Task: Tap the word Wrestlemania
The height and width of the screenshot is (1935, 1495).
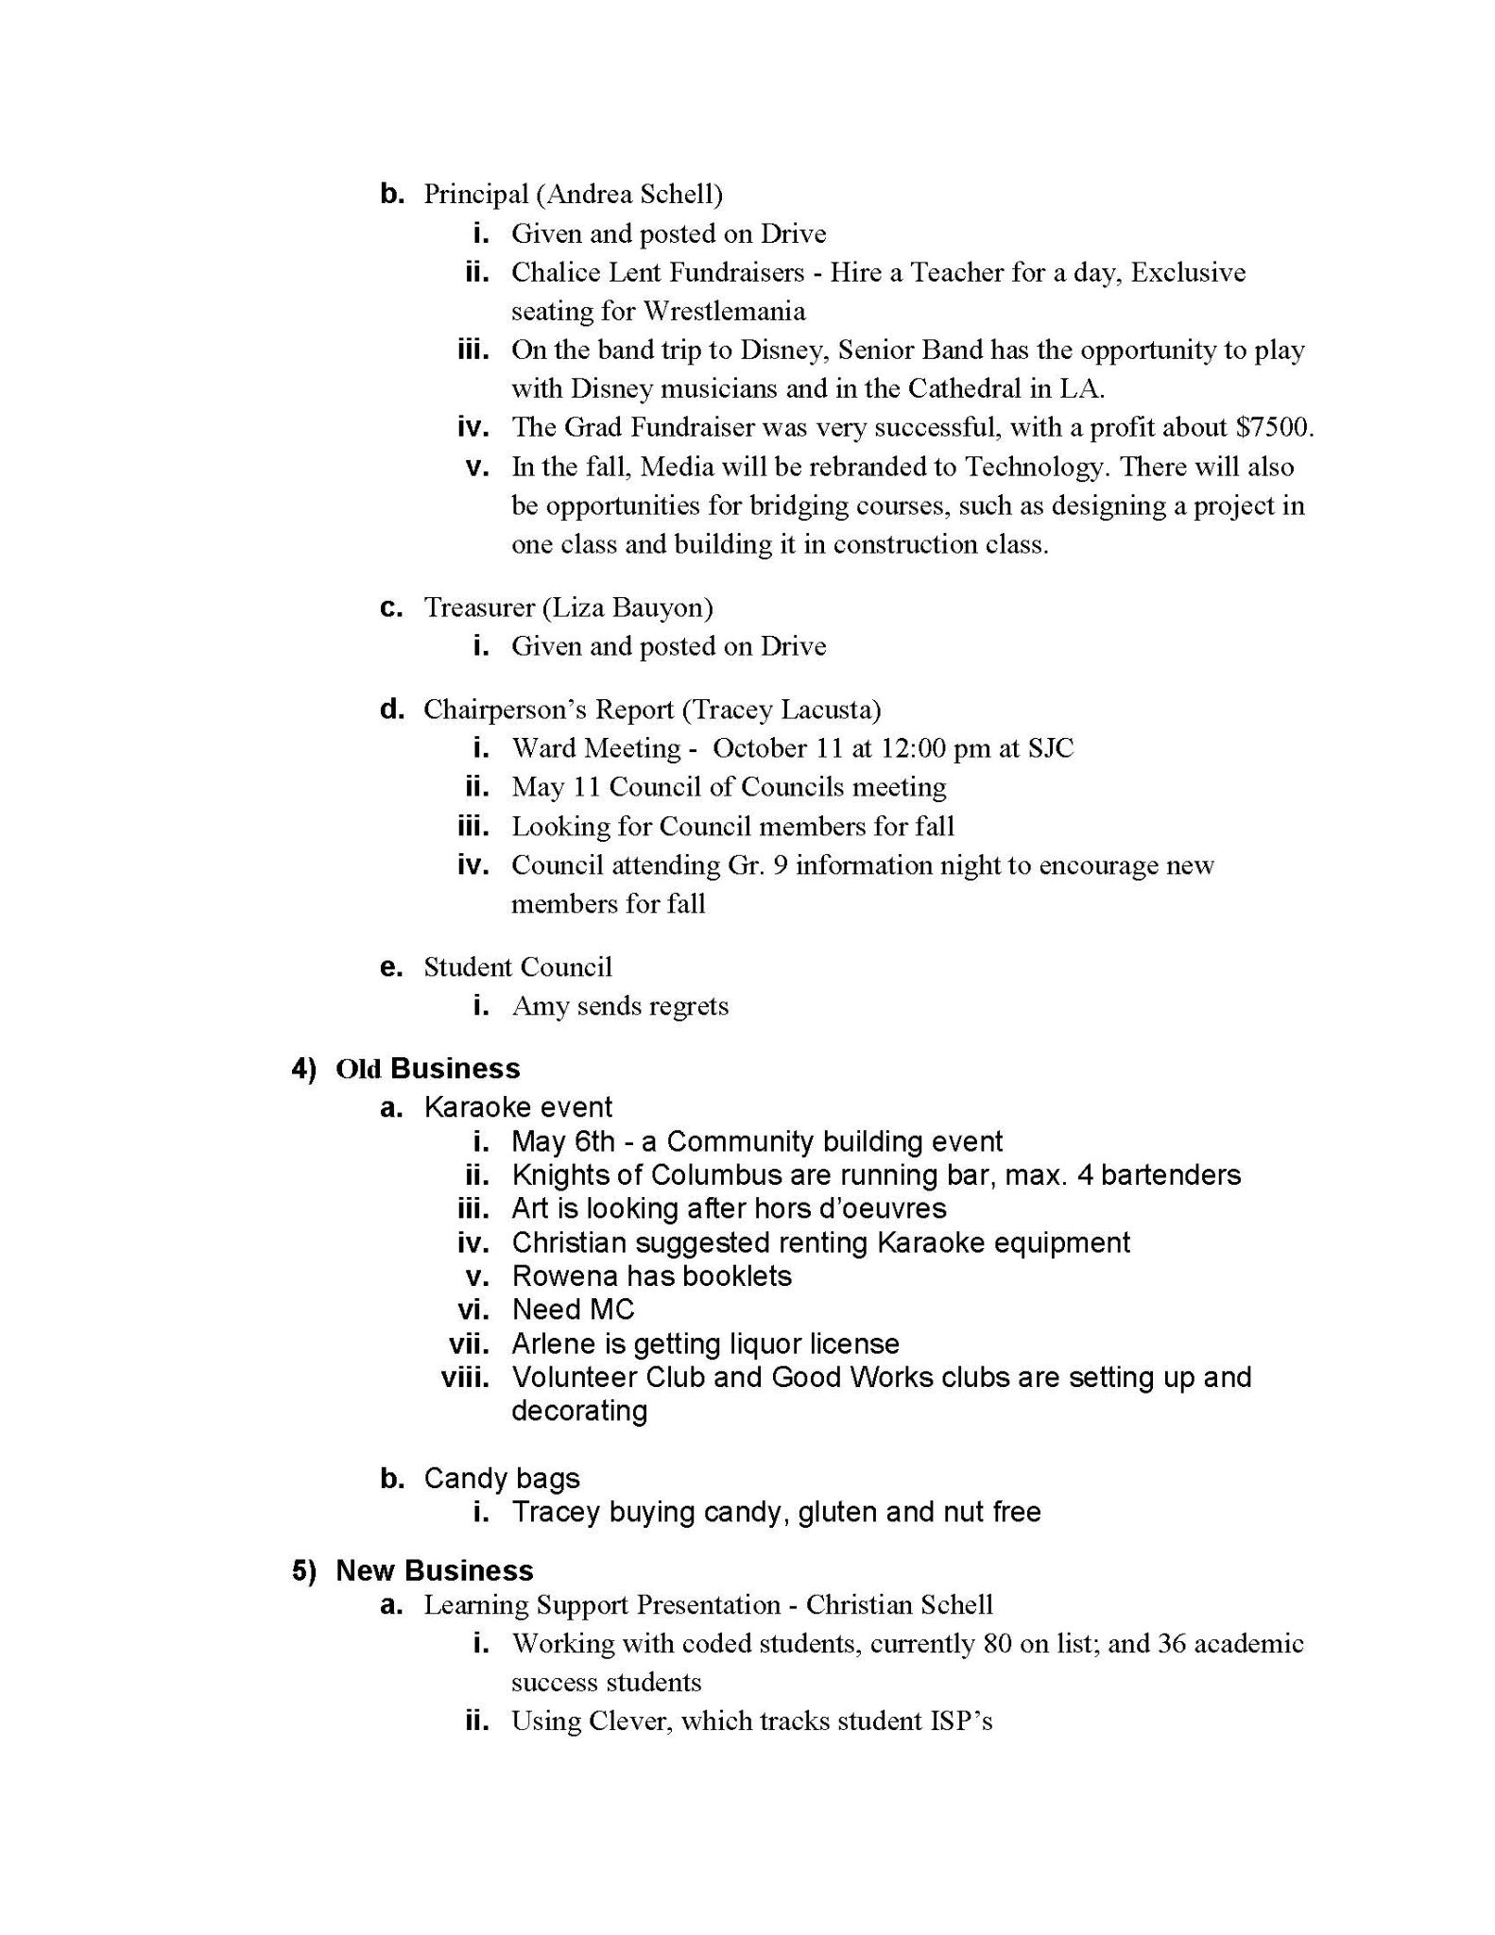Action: point(724,312)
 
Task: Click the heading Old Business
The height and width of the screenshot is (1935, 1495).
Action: point(427,1069)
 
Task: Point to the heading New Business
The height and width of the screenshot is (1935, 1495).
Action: point(435,1570)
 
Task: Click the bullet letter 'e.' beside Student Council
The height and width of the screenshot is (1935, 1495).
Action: point(391,967)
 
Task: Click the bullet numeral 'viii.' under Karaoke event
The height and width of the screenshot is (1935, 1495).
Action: point(465,1378)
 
